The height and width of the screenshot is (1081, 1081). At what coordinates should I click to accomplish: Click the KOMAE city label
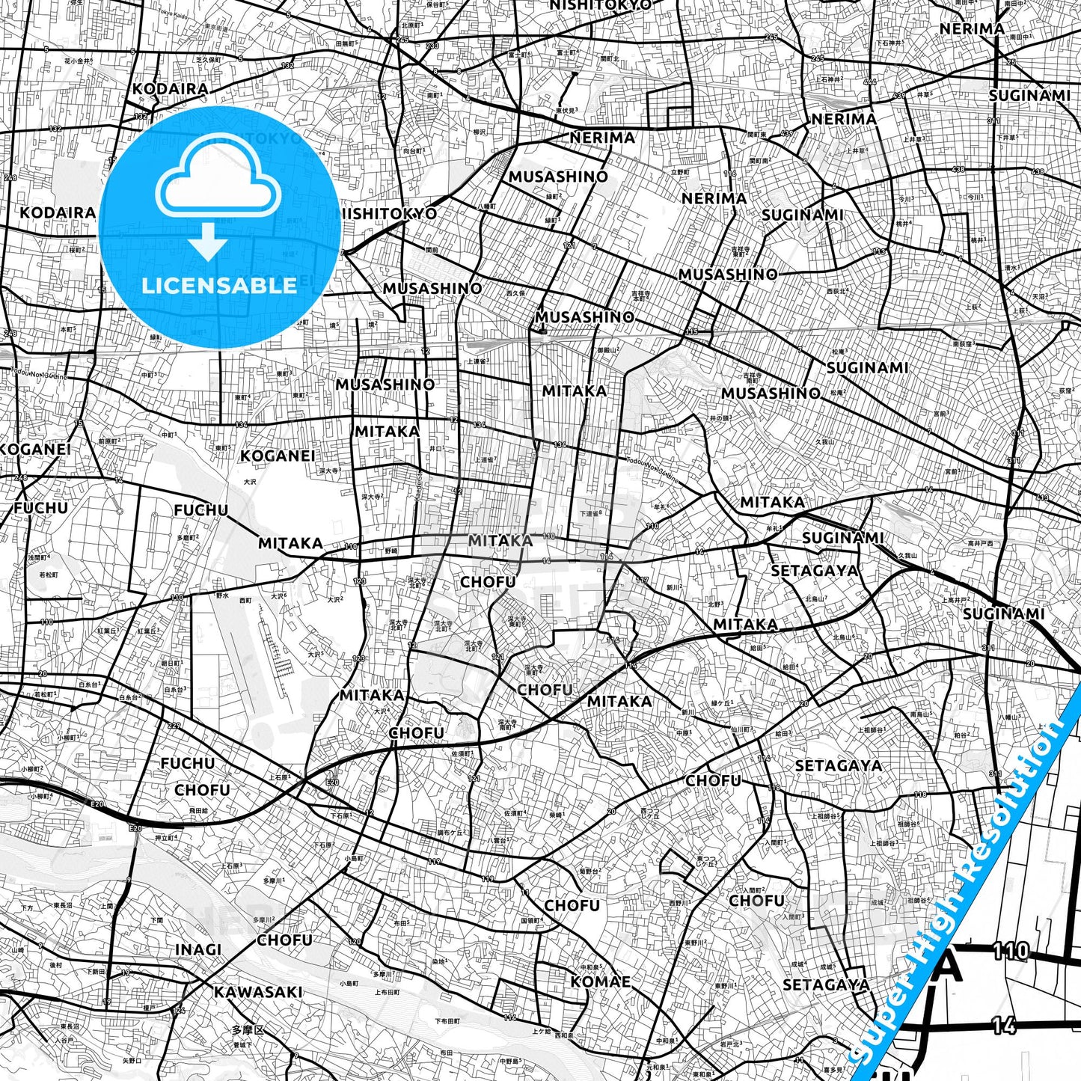(x=601, y=982)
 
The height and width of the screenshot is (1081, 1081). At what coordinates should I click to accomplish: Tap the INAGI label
(x=198, y=949)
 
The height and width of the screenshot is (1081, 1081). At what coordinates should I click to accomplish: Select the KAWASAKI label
(x=258, y=992)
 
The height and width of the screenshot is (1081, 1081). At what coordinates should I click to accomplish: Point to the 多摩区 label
(x=248, y=1030)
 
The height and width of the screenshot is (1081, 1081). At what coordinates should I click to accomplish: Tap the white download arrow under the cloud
(x=209, y=241)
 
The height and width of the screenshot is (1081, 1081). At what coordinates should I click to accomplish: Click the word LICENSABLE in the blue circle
(x=219, y=285)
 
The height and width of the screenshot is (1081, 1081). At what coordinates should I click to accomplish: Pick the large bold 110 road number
(x=1011, y=952)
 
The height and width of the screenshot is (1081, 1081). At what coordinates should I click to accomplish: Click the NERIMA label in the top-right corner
(x=973, y=28)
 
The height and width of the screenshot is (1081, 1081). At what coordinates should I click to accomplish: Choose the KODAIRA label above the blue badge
(x=171, y=89)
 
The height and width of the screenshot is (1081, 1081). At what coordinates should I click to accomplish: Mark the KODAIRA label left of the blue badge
(x=58, y=212)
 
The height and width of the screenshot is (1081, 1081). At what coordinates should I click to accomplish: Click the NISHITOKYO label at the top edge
(x=601, y=5)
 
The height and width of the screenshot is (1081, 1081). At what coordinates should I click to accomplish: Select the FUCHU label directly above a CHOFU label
(x=187, y=763)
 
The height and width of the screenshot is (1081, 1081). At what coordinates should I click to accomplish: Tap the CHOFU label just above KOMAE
(x=572, y=905)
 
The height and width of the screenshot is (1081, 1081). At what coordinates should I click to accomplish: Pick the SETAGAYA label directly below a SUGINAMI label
(x=815, y=571)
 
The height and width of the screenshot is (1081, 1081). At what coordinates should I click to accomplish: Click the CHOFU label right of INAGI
(x=284, y=940)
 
